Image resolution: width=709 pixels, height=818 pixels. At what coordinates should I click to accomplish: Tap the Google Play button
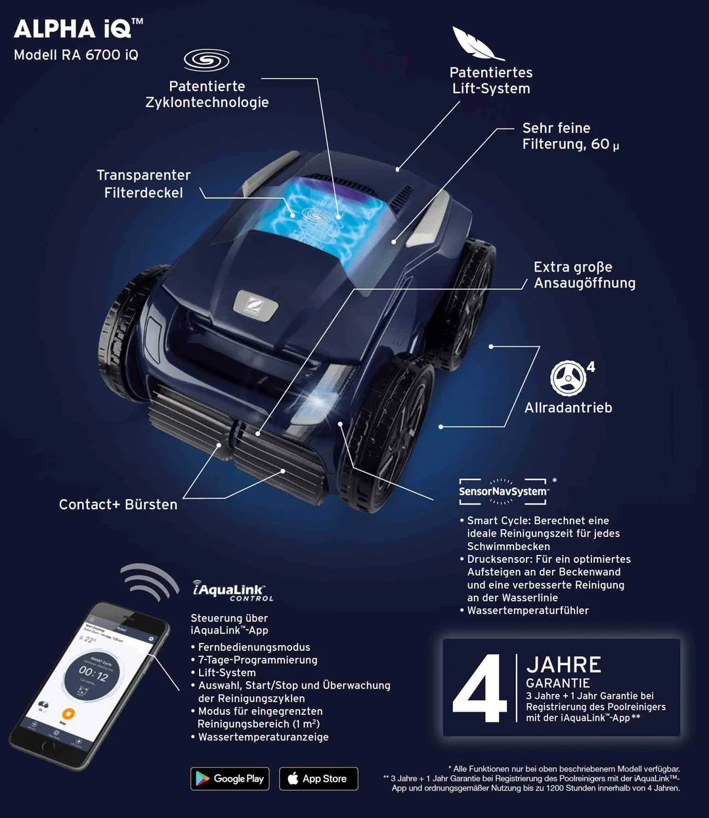point(230,779)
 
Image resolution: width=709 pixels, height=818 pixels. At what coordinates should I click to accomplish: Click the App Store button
point(318,779)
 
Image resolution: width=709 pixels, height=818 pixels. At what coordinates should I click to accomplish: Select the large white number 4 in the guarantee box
point(479,688)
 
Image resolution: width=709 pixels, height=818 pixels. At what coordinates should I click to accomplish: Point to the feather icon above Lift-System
point(477,43)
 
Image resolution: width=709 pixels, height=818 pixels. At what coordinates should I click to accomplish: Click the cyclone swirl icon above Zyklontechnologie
point(206,60)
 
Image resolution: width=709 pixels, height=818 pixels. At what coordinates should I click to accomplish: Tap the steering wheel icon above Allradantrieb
point(568,378)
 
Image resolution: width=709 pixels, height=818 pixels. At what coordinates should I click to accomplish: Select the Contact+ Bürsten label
point(118,504)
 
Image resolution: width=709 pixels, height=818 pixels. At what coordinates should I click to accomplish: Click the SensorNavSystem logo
point(504,491)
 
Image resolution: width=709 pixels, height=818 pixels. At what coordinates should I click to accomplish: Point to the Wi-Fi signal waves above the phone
point(150,581)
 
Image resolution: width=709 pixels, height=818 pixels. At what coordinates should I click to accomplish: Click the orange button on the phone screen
point(68,714)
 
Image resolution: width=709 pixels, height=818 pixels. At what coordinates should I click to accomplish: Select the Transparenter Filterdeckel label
point(144,184)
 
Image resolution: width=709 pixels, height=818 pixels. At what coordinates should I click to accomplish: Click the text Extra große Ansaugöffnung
point(584,275)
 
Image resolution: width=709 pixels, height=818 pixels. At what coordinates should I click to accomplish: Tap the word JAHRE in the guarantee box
point(564,665)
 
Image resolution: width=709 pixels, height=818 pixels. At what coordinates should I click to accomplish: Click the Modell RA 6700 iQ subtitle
point(76,55)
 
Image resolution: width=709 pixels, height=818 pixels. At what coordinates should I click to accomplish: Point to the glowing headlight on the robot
point(318,398)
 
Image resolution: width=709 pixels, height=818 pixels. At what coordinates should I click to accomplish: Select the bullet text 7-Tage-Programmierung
point(257,660)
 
